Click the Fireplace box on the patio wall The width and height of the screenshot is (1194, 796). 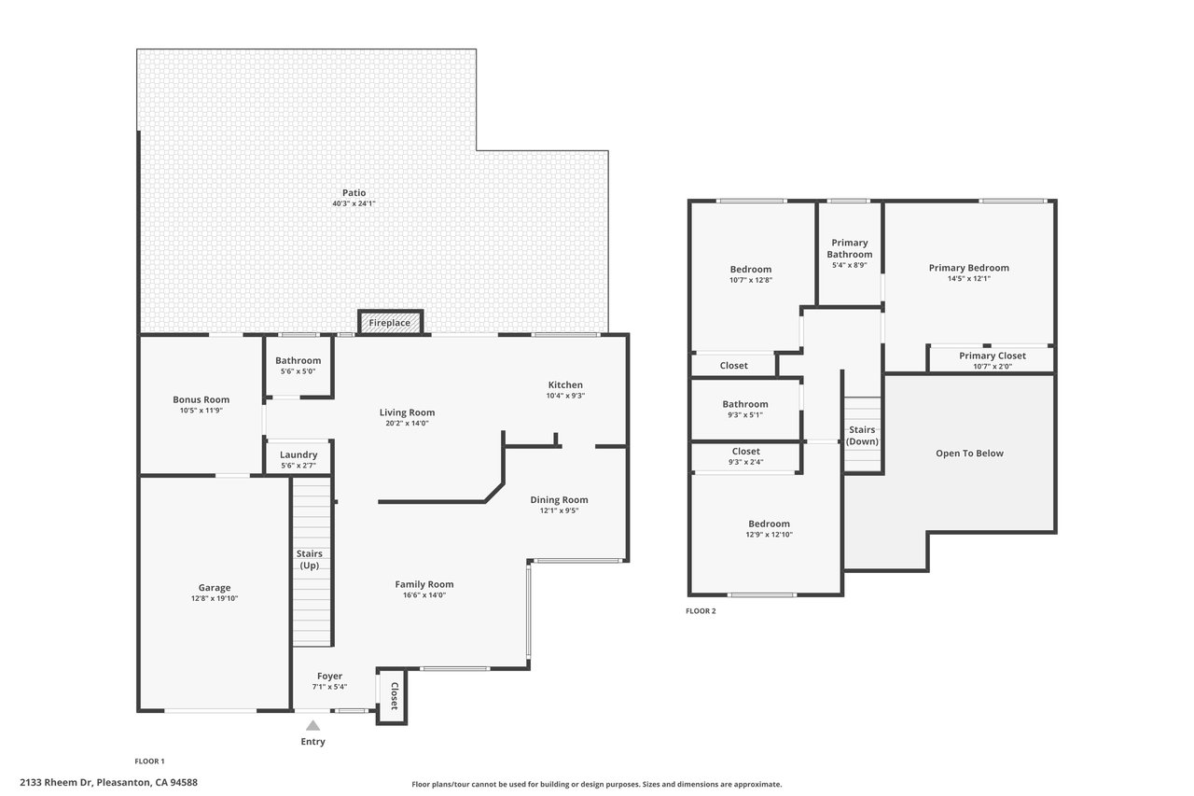coord(390,323)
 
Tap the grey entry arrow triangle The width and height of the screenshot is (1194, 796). coord(312,726)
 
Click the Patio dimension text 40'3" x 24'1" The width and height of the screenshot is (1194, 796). coord(354,203)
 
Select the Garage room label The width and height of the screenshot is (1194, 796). coord(215,588)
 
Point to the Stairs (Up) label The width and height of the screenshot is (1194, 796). coord(309,559)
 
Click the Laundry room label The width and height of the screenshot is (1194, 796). coord(298,454)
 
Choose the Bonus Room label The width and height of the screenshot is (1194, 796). coord(201,399)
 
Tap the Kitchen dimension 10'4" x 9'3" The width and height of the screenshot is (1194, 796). coord(565,396)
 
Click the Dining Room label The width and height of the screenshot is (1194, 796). coord(559,499)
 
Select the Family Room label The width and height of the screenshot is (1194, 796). coord(424,584)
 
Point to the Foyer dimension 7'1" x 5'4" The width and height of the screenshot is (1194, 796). coord(329,687)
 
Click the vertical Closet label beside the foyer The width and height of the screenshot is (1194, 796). coord(395,696)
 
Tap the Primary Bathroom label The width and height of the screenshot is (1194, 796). coord(850,248)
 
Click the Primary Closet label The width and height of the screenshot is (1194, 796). coord(993,356)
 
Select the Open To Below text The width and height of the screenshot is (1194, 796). coord(969,454)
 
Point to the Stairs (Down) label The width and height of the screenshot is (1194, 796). coord(862,435)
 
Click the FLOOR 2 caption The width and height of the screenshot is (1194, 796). coord(701,611)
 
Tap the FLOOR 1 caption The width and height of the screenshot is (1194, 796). coord(149,761)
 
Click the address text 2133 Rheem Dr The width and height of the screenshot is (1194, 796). coord(56,783)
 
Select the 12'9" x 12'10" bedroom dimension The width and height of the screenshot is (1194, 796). coord(770,535)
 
